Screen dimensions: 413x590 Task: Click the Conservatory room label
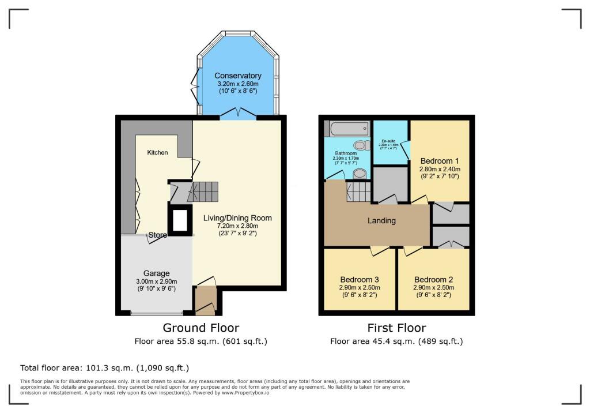238,76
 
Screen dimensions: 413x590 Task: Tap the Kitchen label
157,152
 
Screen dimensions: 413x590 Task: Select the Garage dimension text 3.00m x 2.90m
157,281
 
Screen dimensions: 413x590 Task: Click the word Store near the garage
157,235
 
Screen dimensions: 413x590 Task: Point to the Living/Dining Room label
237,218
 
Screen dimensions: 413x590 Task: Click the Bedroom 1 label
440,160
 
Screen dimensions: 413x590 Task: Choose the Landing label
381,220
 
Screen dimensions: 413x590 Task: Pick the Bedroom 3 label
360,279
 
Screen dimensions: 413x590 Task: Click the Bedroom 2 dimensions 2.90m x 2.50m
434,287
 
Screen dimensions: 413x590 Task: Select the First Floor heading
396,328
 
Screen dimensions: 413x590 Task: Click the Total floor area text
104,367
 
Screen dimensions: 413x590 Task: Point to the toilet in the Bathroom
361,145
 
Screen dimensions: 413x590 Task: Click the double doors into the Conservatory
237,113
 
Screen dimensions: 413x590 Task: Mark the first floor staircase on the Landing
357,191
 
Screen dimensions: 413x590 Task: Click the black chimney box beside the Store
179,220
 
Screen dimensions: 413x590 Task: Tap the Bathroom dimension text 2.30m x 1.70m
346,158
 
